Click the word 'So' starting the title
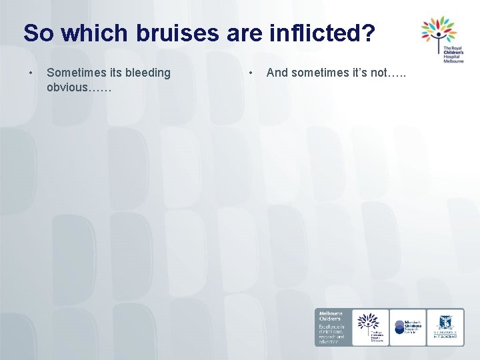click(37, 33)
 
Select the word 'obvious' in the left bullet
click(67, 87)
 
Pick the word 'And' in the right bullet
click(277, 72)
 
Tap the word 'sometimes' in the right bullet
click(316, 72)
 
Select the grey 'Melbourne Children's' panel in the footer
click(332, 327)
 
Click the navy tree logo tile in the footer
click(370, 327)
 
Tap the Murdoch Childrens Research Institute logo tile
click(407, 327)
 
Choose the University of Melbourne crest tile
click(445, 327)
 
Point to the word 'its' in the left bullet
click(116, 72)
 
